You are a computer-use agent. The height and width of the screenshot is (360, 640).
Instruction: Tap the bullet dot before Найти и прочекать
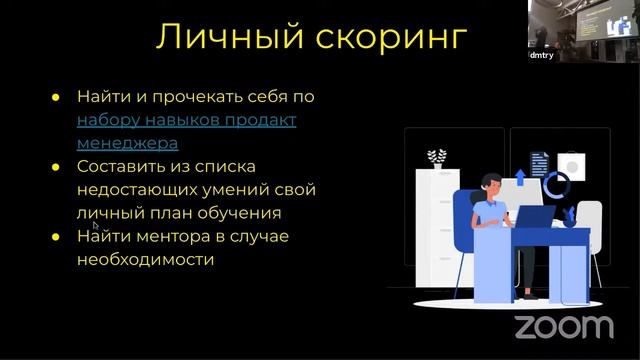point(57,97)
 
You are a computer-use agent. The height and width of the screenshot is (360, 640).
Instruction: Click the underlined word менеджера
point(127,143)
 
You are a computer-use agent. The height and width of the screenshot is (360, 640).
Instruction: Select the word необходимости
point(146,259)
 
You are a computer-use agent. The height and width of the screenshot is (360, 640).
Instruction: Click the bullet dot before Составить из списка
point(57,166)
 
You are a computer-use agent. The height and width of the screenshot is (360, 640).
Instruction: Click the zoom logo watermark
point(563,326)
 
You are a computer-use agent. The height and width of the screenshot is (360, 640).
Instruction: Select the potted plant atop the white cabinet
point(436,158)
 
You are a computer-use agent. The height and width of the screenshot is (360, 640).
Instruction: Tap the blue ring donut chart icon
point(557,183)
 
